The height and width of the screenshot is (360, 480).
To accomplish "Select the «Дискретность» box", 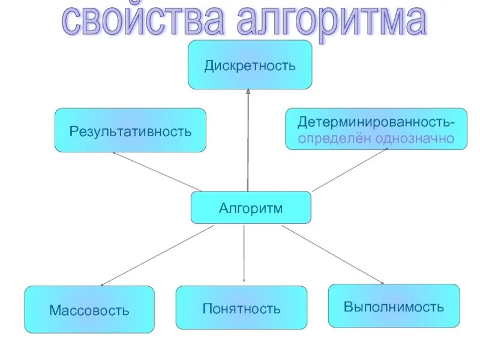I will pos(250,65).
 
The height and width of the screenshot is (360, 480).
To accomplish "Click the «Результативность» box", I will pos(130,130).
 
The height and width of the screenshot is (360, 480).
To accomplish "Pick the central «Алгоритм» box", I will pos(251,208).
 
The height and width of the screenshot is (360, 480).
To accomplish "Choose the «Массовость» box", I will pos(89,310).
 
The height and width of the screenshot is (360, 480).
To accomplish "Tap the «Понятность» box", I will pos(241,308).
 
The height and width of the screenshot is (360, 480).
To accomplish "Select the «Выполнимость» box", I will pos(394,307).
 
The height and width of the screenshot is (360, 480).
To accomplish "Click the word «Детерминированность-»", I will pos(376,122).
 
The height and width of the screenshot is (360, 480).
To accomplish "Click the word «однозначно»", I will pos(414,139).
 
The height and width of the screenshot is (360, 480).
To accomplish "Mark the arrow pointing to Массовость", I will pos(157,255).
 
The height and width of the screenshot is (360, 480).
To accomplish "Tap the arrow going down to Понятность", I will pos(244,252).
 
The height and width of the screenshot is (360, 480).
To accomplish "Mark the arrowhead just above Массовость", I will pos(104,284).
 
